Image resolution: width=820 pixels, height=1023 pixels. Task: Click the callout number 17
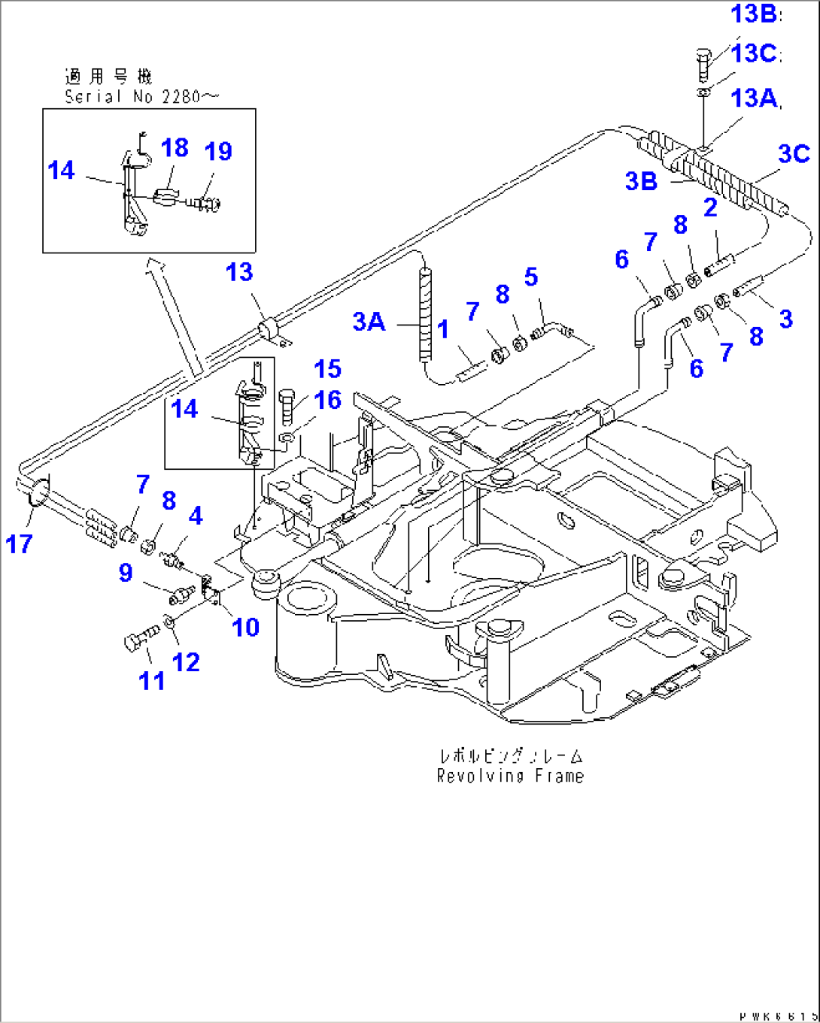[x=19, y=543]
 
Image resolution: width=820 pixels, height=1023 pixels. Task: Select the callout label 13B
[x=755, y=14]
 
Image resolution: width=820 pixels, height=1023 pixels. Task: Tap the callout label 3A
[x=369, y=322]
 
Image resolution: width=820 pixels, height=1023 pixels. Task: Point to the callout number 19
[x=218, y=151]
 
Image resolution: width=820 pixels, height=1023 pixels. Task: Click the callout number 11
[x=152, y=680]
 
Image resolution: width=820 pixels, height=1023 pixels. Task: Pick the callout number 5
[x=531, y=277]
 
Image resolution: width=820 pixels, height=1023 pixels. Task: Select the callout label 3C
[x=794, y=153]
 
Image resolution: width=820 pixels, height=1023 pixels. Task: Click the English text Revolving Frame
[x=510, y=776]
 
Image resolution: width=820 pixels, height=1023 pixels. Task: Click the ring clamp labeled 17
[x=38, y=492]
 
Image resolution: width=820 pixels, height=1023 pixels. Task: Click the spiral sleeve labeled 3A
[x=427, y=316]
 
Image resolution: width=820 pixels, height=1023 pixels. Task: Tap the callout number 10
[x=245, y=626]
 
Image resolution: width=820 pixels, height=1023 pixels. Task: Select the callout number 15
[x=327, y=369]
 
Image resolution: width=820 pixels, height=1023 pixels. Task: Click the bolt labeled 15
[x=287, y=406]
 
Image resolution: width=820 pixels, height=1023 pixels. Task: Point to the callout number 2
[x=710, y=208]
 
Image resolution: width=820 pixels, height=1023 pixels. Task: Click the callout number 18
[x=175, y=148]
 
